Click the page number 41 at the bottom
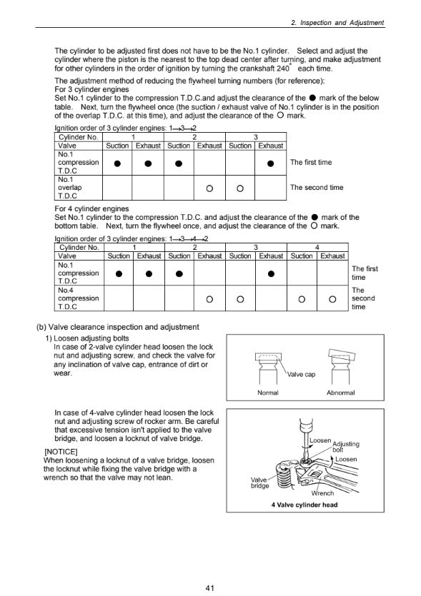click(x=209, y=587)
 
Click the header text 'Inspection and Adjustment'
click(x=342, y=22)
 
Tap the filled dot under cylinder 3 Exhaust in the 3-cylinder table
click(x=270, y=163)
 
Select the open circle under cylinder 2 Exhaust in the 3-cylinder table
click(x=209, y=188)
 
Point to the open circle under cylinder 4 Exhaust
click(x=332, y=299)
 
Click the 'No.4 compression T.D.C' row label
click(x=79, y=298)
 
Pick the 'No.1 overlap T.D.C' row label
click(x=70, y=188)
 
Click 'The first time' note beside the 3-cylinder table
click(x=311, y=162)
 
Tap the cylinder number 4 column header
click(x=317, y=247)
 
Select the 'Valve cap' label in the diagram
click(x=301, y=375)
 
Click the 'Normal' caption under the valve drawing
click(x=268, y=393)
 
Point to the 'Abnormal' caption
click(x=341, y=393)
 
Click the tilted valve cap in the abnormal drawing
click(x=342, y=355)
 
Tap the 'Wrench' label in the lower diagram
click(x=322, y=493)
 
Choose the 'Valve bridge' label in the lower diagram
click(x=259, y=483)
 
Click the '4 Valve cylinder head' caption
click(x=304, y=505)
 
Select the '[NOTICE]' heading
click(x=61, y=452)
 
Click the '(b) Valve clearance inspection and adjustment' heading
click(x=118, y=327)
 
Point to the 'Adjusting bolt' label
click(x=346, y=446)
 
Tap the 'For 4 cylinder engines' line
click(x=91, y=208)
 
